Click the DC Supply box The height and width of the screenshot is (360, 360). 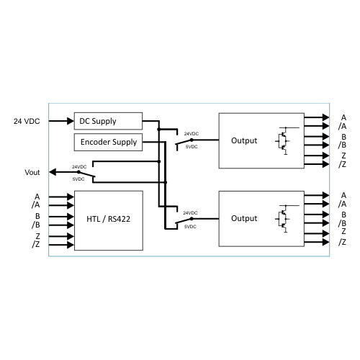(x=108, y=121)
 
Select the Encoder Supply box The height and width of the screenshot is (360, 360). (x=108, y=142)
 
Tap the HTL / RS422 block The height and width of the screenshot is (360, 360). (x=108, y=220)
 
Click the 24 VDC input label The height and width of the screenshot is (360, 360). (x=27, y=121)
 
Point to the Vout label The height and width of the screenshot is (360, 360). (x=32, y=172)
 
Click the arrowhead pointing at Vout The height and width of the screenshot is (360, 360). (x=53, y=172)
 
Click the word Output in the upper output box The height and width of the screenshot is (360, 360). (x=243, y=140)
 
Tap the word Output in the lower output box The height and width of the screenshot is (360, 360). (x=243, y=218)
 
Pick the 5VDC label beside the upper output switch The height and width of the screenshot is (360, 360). (x=190, y=147)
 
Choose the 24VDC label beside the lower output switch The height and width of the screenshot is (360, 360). (x=190, y=213)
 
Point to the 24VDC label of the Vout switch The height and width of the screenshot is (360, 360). (x=80, y=167)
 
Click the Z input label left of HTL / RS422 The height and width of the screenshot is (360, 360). (x=37, y=235)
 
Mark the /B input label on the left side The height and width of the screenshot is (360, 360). (x=37, y=224)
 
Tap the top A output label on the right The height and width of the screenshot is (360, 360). (x=343, y=117)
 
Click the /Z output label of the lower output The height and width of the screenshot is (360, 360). (x=342, y=241)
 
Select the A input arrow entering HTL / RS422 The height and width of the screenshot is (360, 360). (x=61, y=196)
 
